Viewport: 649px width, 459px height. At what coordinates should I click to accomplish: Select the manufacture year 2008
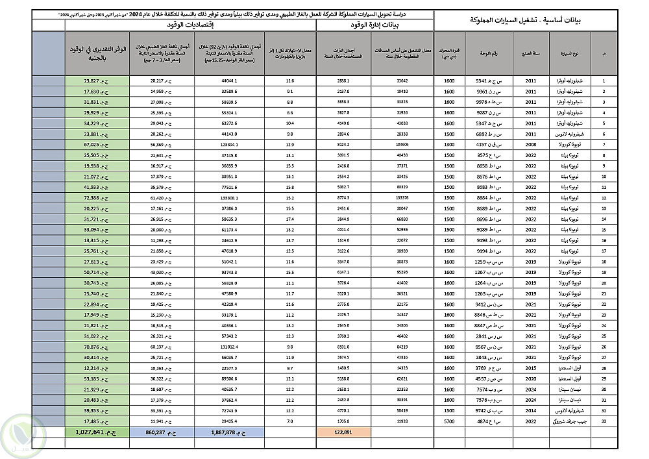(x=531, y=143)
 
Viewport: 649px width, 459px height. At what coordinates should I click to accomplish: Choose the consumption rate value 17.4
(x=289, y=219)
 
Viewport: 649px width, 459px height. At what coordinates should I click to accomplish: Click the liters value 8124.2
(x=343, y=143)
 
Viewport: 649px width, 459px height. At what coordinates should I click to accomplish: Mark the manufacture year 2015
(x=531, y=367)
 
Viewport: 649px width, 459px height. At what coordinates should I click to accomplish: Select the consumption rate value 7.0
(x=289, y=410)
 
